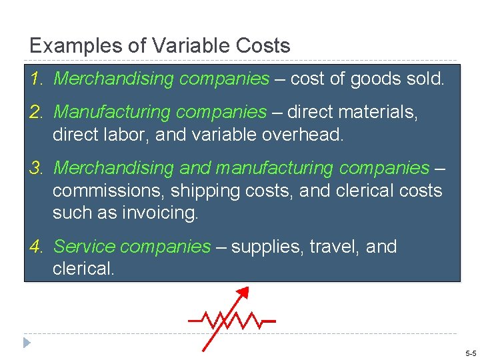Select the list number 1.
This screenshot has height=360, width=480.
point(36,79)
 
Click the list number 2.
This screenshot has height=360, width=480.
point(36,112)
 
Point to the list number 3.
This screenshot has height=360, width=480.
point(36,167)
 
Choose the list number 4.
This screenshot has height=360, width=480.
point(36,247)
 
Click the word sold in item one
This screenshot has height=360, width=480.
point(425,79)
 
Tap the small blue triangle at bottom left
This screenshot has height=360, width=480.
point(27,343)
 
